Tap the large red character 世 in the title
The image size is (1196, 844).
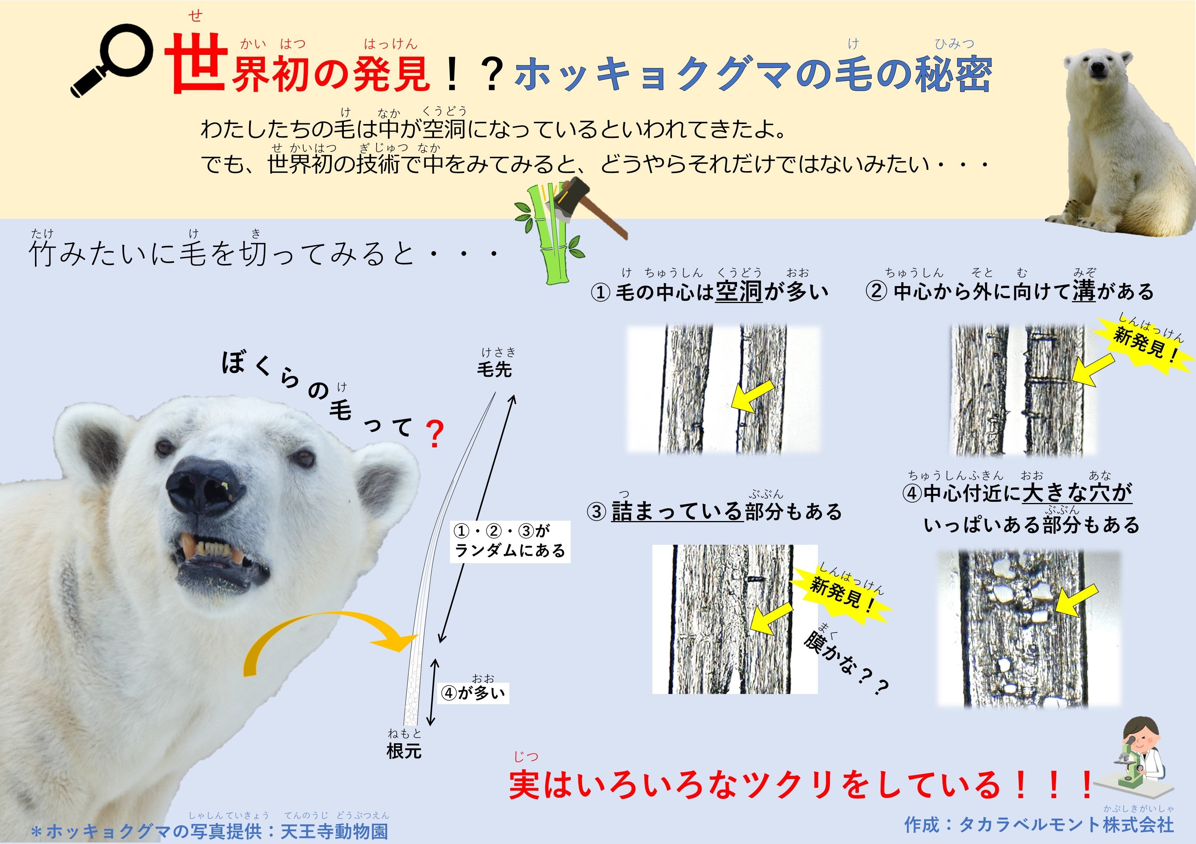coord(196,64)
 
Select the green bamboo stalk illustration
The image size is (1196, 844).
coord(551,233)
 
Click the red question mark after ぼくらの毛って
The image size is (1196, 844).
coord(435,434)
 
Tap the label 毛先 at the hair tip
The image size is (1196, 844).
coord(494,369)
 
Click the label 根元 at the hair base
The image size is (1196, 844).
coord(404,751)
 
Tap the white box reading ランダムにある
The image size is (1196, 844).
coord(510,541)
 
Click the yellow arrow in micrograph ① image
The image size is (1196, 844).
coord(752,396)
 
